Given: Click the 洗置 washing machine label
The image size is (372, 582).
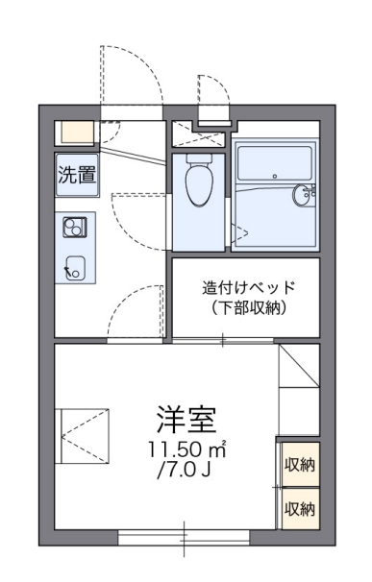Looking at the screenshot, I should [x=76, y=175].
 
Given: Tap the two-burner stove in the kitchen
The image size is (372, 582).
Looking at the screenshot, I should [x=75, y=228].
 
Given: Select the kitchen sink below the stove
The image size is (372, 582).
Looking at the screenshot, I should [x=74, y=266].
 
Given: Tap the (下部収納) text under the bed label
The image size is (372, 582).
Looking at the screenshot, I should [x=244, y=308].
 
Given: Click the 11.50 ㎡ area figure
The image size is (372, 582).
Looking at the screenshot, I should [x=186, y=449].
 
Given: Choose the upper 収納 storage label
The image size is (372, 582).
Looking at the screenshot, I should [x=299, y=465].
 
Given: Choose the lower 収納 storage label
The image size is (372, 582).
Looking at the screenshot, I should [x=299, y=507].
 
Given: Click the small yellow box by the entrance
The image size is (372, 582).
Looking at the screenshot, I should [x=75, y=133].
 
